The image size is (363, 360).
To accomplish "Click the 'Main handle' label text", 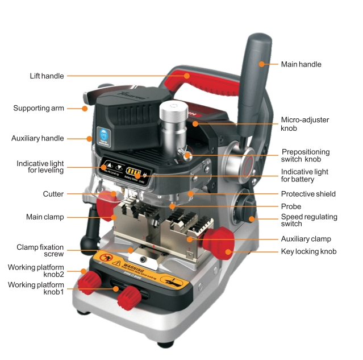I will click(301, 64).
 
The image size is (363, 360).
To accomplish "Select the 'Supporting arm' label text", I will click(39, 107).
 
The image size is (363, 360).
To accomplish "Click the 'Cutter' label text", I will click(53, 194).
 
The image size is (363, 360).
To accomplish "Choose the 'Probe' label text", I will click(291, 206).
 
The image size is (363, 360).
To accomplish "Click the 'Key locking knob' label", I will click(308, 251).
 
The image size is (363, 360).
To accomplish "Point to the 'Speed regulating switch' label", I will click(309, 221).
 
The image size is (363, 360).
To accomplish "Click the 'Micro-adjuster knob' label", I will click(305, 124).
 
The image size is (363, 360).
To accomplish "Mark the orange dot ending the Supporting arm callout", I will click(85, 108).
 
